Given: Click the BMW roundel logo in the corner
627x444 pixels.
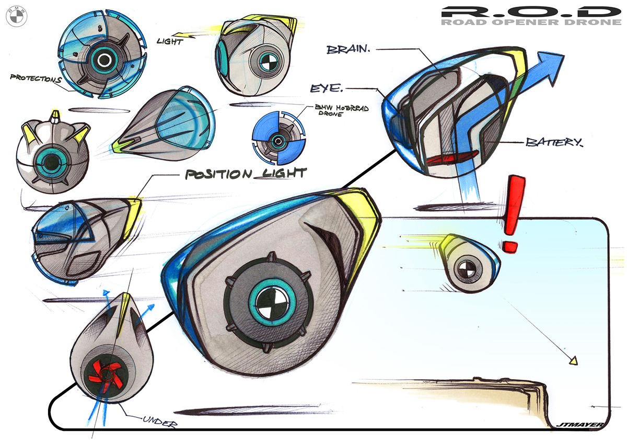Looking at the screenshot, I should point(15,17).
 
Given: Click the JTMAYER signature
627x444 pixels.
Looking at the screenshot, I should point(579,425).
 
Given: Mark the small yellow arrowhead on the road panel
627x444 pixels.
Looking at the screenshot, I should point(574,360).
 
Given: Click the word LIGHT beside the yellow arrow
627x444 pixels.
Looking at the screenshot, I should point(170,41).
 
